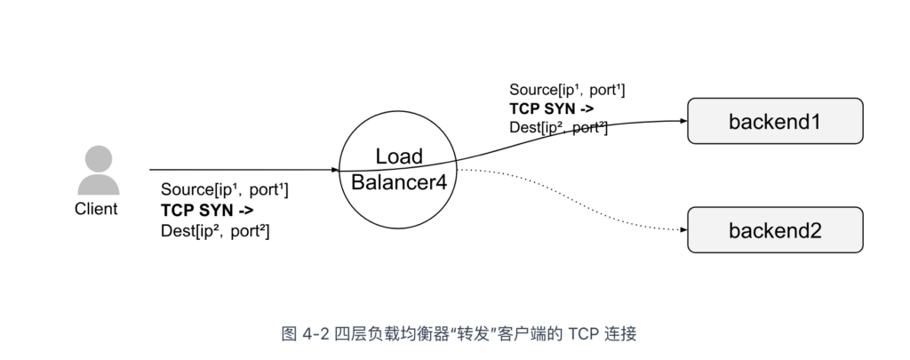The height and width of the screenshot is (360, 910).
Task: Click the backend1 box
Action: [774, 121]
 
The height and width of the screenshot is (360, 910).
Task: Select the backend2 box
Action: [774, 230]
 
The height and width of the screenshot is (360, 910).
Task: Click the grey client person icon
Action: [98, 171]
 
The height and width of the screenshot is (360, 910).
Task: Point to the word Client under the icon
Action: [95, 210]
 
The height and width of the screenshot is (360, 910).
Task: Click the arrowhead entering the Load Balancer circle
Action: [335, 169]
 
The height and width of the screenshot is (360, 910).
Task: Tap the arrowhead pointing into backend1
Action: [682, 121]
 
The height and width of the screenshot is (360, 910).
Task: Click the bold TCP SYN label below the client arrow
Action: [207, 211]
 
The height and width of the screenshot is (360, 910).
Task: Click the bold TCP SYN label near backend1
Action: [551, 109]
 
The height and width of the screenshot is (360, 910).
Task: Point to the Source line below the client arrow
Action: [224, 190]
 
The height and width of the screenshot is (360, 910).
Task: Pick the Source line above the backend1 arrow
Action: [567, 90]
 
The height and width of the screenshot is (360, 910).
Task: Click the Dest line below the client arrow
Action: [215, 231]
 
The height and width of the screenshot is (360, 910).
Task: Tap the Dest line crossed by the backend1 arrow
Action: [558, 129]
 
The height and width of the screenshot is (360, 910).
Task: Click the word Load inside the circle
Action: [399, 156]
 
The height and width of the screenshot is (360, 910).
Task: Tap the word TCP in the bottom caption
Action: [582, 334]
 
